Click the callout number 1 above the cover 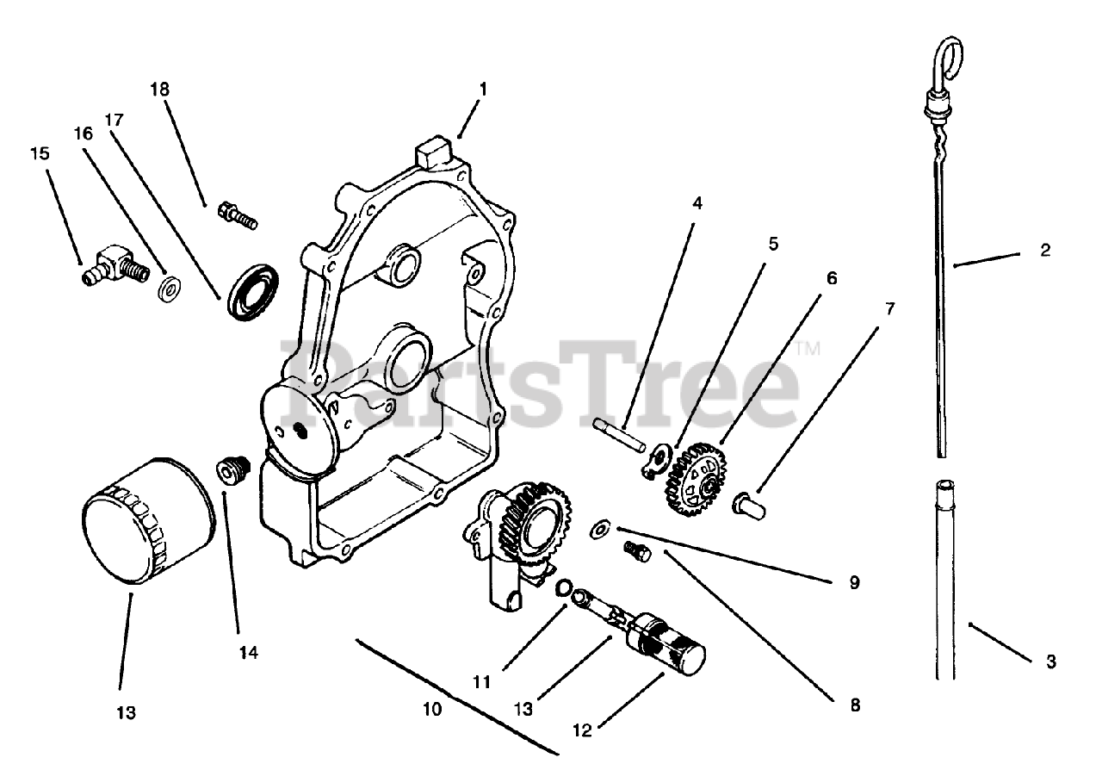click(483, 89)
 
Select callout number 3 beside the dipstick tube click(1050, 661)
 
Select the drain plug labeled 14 click(231, 470)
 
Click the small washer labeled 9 click(600, 528)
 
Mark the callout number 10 click(432, 710)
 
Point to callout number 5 click(773, 245)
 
